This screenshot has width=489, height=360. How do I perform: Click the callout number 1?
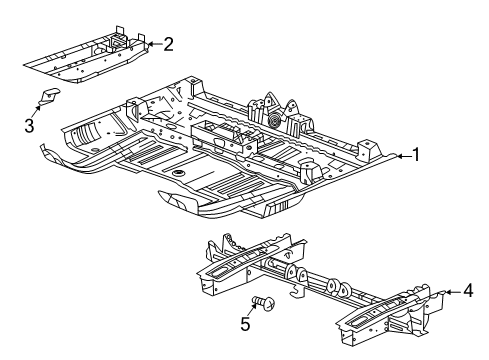(419, 155)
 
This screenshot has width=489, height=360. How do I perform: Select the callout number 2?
(167, 43)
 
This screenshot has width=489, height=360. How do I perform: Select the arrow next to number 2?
(152, 43)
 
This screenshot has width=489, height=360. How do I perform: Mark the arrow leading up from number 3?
(37, 110)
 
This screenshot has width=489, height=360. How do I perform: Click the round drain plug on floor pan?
(177, 173)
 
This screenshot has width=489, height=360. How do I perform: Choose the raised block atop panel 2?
(121, 41)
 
